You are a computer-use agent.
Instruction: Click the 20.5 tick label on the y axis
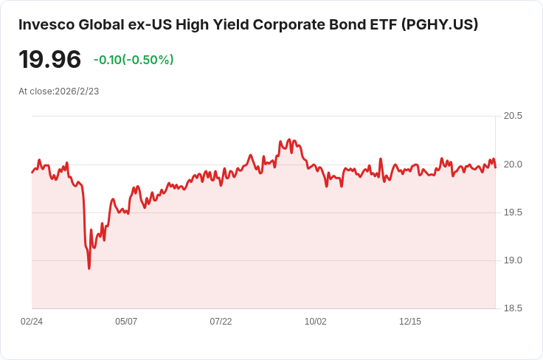513,116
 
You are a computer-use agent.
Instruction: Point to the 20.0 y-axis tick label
513,165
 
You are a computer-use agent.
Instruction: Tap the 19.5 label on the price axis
513,212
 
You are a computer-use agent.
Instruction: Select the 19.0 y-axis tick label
513,260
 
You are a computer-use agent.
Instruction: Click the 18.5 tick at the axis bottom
513,308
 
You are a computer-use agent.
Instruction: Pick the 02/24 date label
32,322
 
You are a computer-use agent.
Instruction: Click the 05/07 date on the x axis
126,322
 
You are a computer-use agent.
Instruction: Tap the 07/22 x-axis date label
221,322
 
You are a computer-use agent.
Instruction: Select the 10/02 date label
316,322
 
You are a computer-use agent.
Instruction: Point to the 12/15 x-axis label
410,322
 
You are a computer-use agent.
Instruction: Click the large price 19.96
50,59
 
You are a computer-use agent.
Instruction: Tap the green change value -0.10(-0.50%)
134,60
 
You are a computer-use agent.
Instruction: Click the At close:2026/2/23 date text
59,91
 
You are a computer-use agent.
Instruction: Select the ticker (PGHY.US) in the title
440,25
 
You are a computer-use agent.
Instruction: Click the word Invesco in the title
46,25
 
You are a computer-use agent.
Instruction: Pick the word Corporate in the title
288,25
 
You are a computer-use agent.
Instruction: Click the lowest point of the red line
89,269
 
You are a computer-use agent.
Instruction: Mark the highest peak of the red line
289,139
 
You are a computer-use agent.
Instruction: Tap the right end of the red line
496,167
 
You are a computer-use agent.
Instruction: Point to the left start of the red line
32,172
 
